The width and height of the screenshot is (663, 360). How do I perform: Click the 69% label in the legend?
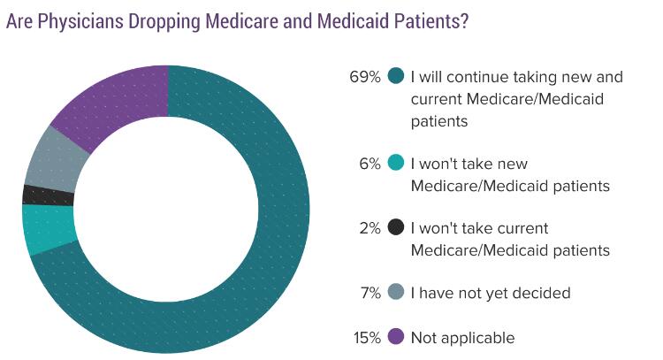tap(365, 76)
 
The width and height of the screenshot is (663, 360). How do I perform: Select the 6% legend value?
tap(370, 163)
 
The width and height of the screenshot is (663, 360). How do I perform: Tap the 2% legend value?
tap(370, 228)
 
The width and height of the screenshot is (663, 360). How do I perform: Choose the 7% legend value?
tap(370, 293)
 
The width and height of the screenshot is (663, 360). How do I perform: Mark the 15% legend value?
tap(366, 337)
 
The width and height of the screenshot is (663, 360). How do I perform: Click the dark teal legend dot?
tap(396, 76)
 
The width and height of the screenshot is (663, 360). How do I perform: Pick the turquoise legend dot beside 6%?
tap(396, 163)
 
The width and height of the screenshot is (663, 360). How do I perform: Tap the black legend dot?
tap(396, 228)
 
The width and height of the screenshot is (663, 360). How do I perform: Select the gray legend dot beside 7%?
tap(396, 293)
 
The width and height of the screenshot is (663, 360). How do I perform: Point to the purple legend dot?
tap(396, 337)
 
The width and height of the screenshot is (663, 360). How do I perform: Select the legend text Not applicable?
tap(462, 337)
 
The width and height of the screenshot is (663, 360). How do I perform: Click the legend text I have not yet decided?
tap(491, 293)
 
